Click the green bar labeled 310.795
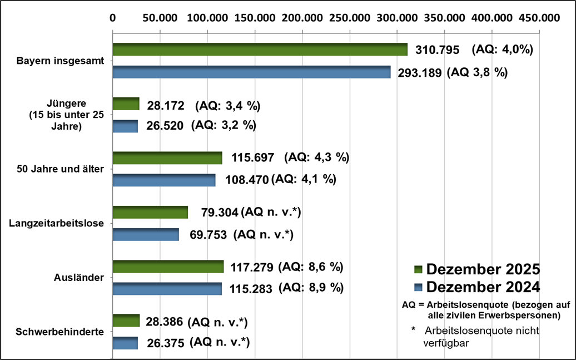point(260,50)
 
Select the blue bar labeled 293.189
point(251,72)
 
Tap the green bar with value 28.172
point(126,104)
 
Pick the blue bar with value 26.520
point(125,126)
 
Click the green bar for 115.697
point(167,158)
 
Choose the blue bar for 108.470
point(163,180)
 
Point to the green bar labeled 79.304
point(150,212)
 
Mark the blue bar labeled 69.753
point(146,234)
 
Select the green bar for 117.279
point(168,267)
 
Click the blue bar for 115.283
point(167,289)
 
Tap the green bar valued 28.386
point(126,320)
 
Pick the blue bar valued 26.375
point(125,343)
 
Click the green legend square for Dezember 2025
point(419,270)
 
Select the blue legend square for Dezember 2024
point(419,287)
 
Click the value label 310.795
point(438,50)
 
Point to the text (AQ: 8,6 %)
point(311,267)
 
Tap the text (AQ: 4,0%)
point(503,50)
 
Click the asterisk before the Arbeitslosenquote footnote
point(413,330)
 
